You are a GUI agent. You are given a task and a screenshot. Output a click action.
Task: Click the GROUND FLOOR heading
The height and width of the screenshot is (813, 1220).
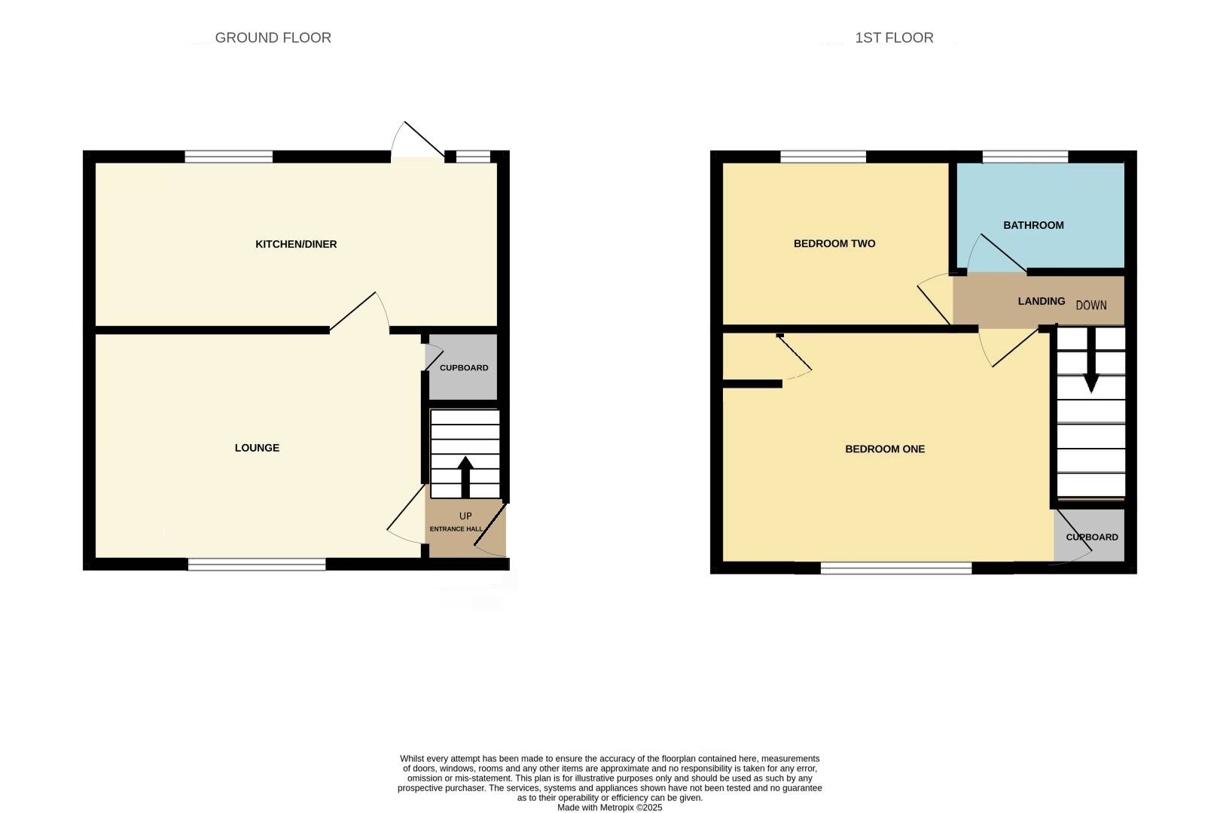273,38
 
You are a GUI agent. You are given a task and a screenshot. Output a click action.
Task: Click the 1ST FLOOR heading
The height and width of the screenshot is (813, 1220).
894,38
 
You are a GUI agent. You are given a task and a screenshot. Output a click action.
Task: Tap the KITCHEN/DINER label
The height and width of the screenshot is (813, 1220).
296,244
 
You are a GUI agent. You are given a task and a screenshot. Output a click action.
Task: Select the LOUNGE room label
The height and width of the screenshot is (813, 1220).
257,448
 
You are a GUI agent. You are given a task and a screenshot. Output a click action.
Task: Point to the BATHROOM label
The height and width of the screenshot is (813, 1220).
1033,225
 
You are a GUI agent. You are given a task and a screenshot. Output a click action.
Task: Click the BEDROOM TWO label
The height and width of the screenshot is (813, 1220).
834,243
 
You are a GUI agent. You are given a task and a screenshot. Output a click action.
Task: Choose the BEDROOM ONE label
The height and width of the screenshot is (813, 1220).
885,449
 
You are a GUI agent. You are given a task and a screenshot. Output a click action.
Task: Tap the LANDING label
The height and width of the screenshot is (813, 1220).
1042,301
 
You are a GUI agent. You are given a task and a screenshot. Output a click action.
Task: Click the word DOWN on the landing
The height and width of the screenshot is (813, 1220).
1091,305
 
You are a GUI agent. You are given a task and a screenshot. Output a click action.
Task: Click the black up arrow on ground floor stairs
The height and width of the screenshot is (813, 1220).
465,476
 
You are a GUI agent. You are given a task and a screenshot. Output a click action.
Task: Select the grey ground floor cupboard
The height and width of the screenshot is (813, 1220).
463,367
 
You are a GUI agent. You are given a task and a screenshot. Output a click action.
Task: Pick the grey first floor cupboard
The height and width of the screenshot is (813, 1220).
1091,537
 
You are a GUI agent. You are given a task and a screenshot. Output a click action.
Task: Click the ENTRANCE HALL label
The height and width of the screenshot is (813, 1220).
456,529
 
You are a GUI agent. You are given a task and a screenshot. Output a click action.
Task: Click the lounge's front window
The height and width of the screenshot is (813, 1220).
257,564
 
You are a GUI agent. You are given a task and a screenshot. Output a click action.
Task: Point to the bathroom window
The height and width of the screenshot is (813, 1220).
1025,157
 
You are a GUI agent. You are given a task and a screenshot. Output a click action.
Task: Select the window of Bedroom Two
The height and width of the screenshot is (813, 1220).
823,157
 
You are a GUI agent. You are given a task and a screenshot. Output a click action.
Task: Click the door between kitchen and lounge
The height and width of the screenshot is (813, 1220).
357,313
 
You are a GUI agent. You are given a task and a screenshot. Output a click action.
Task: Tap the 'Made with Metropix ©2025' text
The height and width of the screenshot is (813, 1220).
609,808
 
